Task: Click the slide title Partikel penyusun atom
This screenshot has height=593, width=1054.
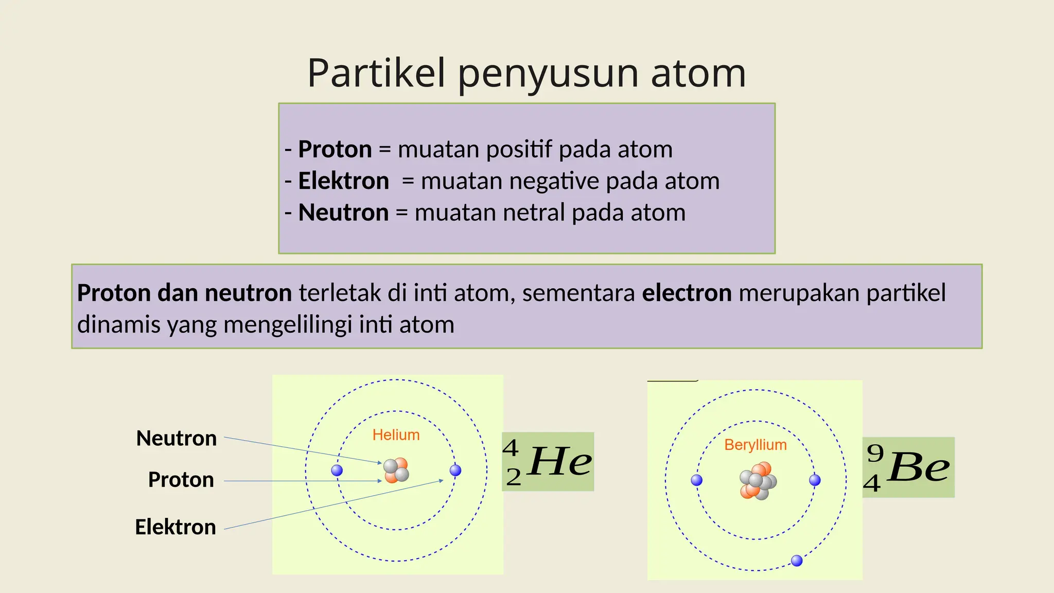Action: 526,73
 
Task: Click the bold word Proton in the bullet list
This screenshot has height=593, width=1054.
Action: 335,149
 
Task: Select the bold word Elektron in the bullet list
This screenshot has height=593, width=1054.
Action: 343,181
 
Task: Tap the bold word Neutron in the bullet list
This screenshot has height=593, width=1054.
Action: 343,213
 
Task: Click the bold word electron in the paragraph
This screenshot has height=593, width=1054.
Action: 687,293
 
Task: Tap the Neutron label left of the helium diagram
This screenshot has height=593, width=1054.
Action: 177,439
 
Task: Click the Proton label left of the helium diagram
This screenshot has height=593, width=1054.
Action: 181,480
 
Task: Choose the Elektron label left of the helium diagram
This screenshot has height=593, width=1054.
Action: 175,527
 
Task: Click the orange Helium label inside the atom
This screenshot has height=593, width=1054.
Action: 396,435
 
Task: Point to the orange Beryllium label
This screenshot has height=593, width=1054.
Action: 756,445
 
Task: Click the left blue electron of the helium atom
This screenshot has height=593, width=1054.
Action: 337,470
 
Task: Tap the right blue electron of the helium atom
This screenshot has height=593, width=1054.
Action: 455,470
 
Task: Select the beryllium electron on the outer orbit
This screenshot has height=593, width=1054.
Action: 797,561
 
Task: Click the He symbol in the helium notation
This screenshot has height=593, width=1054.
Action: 560,462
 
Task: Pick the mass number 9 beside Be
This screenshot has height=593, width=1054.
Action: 875,453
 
